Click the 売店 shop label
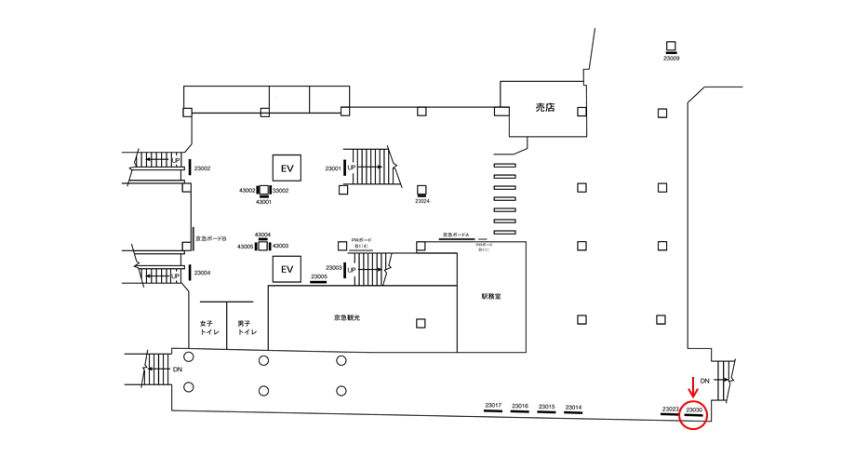coord(544,108)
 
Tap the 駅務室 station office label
coord(491,297)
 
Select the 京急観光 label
coord(347,318)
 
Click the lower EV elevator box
coord(287,270)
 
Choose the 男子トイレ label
coord(246,329)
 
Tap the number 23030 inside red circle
coord(694,410)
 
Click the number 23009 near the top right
coord(671,59)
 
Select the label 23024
coord(422,201)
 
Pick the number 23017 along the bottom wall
coord(493,405)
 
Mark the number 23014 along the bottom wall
coord(573,407)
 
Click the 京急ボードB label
coord(210,239)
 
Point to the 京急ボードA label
coord(459,235)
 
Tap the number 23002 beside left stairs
coord(203,168)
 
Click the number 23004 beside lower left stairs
coord(203,273)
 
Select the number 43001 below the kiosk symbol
coord(264,201)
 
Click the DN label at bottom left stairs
coord(178,370)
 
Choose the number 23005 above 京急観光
coord(318,276)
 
